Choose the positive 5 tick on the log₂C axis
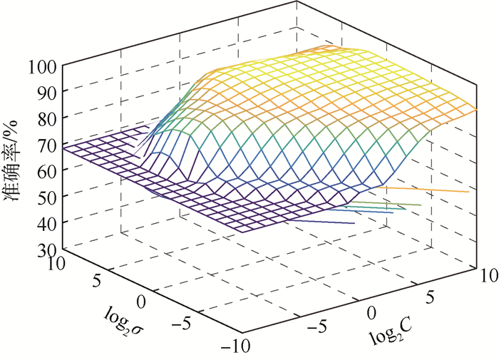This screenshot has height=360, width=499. coord(428,294)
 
